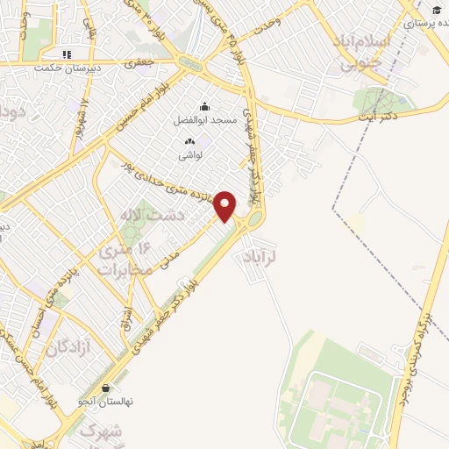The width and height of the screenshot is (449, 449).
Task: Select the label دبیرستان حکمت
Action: tap(67, 68)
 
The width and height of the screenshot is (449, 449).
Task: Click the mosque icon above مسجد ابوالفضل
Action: tap(204, 106)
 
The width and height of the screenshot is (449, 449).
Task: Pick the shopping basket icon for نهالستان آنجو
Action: tap(106, 388)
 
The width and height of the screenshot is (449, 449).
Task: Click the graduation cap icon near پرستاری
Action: tap(437, 10)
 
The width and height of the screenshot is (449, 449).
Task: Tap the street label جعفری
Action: tap(139, 64)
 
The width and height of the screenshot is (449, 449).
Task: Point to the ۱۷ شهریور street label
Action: tap(84, 113)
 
